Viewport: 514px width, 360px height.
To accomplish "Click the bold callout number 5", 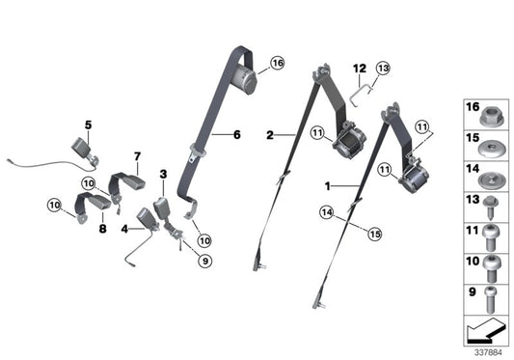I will pyautogui.click(x=88, y=125).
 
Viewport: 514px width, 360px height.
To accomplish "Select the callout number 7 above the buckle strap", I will pyautogui.click(x=137, y=155).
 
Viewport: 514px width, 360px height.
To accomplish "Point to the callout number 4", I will pyautogui.click(x=123, y=229).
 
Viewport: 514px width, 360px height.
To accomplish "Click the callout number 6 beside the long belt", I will pyautogui.click(x=235, y=134).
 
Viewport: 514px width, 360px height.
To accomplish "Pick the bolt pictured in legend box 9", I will pyautogui.click(x=489, y=295).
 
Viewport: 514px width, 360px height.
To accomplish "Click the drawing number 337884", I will pyautogui.click(x=489, y=352).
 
